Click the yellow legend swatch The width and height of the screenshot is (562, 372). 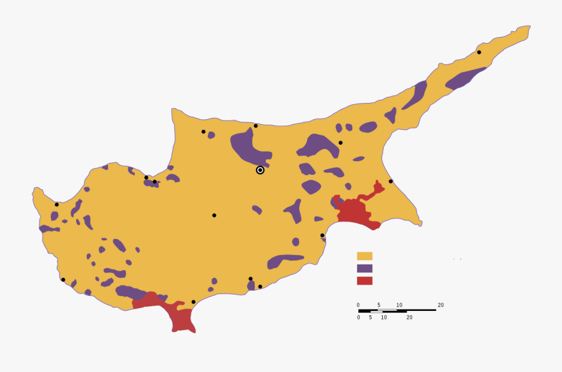[365, 256]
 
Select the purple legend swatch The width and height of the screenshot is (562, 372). [365, 268]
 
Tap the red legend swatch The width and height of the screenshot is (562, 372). [365, 281]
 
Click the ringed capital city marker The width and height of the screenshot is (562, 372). [260, 170]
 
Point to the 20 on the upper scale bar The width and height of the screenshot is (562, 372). [441, 305]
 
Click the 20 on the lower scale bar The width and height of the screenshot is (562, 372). [410, 317]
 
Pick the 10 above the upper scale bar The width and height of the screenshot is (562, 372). [399, 305]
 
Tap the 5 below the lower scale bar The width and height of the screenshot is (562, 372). [370, 317]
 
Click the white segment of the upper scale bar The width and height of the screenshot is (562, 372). [387, 309]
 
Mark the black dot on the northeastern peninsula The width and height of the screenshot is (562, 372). [479, 52]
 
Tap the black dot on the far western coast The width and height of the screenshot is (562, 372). [57, 205]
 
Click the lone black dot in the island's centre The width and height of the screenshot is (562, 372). [214, 215]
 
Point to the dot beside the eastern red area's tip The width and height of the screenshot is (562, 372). [391, 182]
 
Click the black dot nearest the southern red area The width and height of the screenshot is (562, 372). [194, 302]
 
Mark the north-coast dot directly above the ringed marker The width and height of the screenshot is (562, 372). [255, 126]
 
